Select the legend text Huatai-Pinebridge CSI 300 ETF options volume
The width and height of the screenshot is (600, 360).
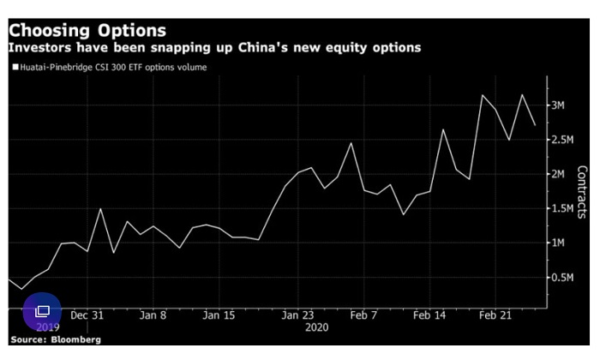[x=111, y=66]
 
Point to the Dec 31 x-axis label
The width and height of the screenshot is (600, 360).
[x=87, y=315]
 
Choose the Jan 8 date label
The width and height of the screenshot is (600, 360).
[x=153, y=315]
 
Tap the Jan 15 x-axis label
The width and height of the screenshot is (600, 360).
[x=218, y=315]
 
